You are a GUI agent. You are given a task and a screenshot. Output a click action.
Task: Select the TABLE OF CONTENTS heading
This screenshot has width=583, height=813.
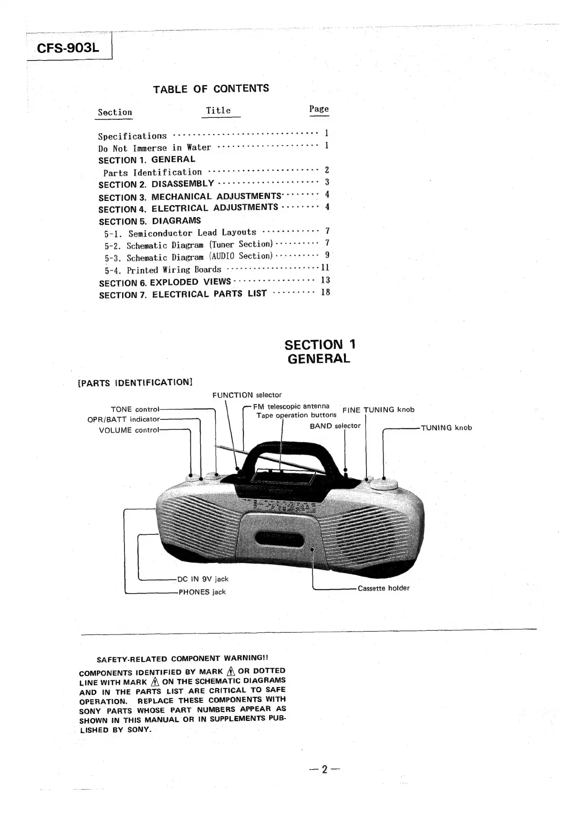pos(211,89)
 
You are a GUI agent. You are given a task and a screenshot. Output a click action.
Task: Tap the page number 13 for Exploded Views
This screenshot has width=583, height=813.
pos(325,280)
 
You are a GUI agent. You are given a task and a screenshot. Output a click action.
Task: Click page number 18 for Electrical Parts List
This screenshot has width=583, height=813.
pos(325,292)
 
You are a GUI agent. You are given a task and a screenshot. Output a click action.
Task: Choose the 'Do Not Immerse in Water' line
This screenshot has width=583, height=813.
pos(155,148)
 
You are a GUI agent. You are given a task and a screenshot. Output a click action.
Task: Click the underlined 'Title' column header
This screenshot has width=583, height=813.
pos(219,111)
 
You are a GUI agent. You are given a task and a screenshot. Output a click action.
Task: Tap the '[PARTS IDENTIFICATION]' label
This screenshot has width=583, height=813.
pos(135,383)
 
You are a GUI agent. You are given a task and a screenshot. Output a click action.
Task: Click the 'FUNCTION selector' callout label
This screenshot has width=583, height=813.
pos(247,395)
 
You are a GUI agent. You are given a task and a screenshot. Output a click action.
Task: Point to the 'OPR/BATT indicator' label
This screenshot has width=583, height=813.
pos(123,419)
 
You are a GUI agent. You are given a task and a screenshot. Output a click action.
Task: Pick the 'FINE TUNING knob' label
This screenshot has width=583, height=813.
pos(378,410)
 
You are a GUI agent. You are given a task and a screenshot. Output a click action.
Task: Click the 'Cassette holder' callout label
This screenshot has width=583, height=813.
pos(384,588)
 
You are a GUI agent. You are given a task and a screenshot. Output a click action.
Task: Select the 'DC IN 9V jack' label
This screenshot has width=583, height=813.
pos(203,579)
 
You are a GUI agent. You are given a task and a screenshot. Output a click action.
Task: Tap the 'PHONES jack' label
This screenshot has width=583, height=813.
pos(202,592)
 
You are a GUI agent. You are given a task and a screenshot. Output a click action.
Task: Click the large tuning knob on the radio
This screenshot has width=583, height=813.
pos(384,484)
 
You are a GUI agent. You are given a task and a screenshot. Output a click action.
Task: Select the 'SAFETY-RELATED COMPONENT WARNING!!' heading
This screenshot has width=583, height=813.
pos(185,659)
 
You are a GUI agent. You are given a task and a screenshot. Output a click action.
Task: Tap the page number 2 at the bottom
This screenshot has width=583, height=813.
pos(324,769)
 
